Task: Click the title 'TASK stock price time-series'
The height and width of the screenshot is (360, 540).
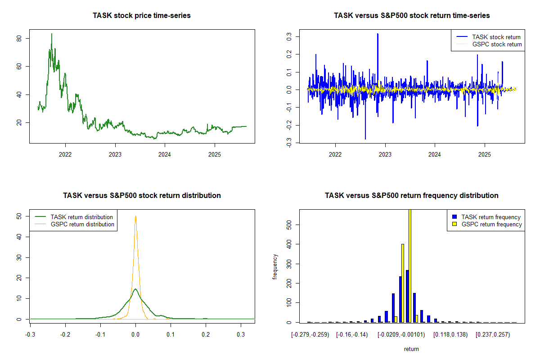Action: coord(142,16)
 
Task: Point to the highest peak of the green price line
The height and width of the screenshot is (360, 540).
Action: coord(51,34)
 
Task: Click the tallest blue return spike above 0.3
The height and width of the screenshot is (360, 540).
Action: coord(378,34)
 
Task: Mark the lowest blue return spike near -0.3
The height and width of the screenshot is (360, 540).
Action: coord(365,139)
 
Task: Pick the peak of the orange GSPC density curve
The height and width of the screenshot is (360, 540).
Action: coord(135,216)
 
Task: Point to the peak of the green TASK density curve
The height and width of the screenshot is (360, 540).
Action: coord(135,289)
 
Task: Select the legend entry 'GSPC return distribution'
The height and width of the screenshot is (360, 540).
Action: coord(82,224)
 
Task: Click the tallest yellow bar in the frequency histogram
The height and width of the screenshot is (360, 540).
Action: coord(409,265)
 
